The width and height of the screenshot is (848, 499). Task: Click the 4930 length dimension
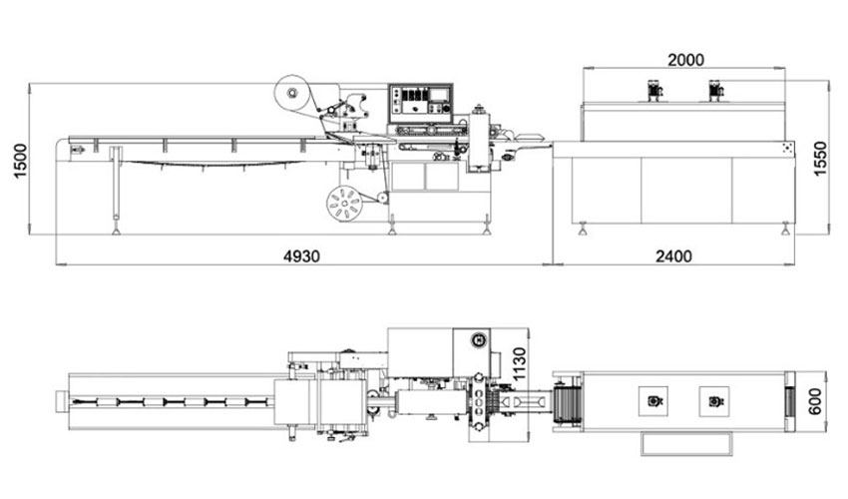pos(301,255)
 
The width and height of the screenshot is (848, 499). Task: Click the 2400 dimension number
pos(673,255)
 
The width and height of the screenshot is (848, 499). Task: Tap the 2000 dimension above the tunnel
pos(685,60)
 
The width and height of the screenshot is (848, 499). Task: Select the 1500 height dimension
pos(20,161)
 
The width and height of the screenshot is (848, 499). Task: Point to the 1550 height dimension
pos(820,159)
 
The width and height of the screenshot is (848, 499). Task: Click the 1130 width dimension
pos(518,364)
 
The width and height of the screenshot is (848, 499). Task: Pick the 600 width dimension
pos(814,401)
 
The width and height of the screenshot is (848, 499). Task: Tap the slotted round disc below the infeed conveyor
pos(344,204)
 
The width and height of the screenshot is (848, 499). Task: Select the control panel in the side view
pos(420,104)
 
